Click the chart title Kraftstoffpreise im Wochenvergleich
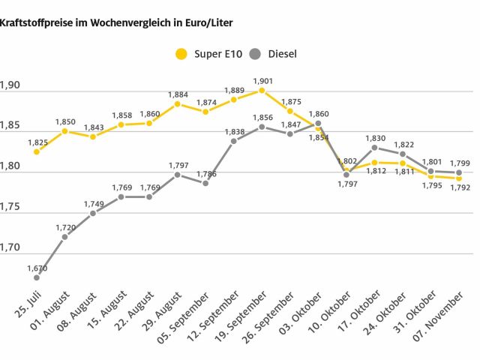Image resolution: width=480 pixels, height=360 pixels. coord(116,23)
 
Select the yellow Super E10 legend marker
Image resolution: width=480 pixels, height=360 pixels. coord(181,54)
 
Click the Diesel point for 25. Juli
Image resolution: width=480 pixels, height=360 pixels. coord(37,277)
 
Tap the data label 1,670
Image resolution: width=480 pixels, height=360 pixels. coord(37,268)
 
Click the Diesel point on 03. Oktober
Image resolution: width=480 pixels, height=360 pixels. coord(318,124)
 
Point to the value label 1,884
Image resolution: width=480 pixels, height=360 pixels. coord(177,94)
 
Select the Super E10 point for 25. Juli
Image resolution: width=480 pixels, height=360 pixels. coord(37,151)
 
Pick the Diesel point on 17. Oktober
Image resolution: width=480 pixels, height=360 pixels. coord(374,148)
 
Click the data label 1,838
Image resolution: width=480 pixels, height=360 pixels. coord(234,131)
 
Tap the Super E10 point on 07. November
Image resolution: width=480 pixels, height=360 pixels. coord(458,178)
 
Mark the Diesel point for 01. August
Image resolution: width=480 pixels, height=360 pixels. coord(64,237)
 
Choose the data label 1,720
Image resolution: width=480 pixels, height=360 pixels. coord(64,227)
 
